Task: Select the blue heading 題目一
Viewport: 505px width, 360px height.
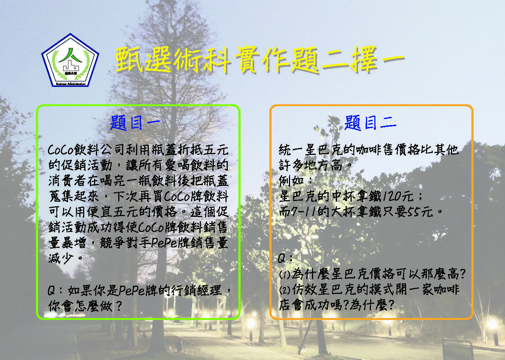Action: pos(136,123)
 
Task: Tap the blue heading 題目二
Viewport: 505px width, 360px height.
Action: pos(370,123)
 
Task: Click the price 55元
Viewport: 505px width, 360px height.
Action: pos(420,212)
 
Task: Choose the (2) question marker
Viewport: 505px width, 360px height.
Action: pos(284,290)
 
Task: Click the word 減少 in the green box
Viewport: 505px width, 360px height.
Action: pos(61,258)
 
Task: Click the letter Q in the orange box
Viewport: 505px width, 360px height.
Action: pos(282,258)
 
